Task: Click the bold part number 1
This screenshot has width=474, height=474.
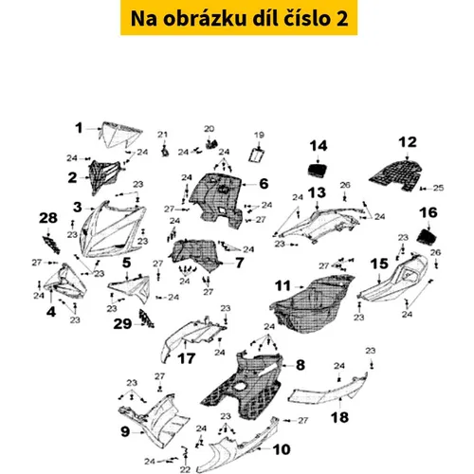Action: [x=79, y=128]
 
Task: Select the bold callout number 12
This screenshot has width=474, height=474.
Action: [x=408, y=142]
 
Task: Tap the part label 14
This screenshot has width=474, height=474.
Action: [x=319, y=146]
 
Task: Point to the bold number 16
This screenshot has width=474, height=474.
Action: [x=428, y=212]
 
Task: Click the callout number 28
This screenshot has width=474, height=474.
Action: [x=48, y=218]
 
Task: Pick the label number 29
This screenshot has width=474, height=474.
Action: [x=122, y=324]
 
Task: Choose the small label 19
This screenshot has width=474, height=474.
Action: [x=259, y=136]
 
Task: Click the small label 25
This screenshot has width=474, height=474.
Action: [x=438, y=188]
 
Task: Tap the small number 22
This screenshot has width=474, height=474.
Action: [x=185, y=469]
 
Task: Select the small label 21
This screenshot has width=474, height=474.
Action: [x=162, y=135]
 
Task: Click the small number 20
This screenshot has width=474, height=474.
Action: [x=209, y=129]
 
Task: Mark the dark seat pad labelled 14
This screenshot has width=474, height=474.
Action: [x=318, y=172]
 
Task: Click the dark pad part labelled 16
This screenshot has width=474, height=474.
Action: [x=428, y=236]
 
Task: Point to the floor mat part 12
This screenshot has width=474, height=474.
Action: [x=396, y=174]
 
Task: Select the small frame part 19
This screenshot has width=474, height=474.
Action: [x=258, y=155]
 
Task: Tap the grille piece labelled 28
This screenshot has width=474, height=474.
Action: [x=51, y=246]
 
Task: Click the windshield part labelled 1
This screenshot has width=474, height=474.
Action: [x=119, y=135]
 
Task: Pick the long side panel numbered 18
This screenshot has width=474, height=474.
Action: [x=329, y=389]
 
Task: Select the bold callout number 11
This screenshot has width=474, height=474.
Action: [x=283, y=286]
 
